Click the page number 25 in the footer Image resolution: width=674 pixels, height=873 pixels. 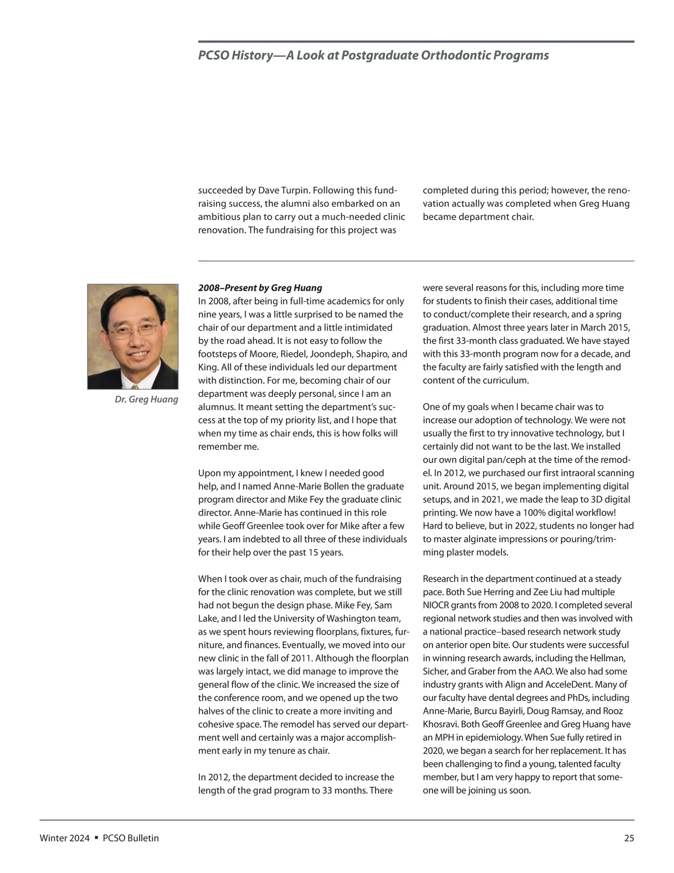click(629, 838)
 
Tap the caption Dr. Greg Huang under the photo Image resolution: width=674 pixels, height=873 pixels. click(146, 399)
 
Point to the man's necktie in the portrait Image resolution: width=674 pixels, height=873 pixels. click(135, 386)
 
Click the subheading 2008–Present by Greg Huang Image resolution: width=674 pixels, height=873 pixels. click(260, 288)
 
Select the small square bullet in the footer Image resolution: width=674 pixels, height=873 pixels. click(96, 838)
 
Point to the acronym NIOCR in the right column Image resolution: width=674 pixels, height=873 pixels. click(437, 605)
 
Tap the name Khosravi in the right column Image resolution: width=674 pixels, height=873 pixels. click(440, 725)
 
